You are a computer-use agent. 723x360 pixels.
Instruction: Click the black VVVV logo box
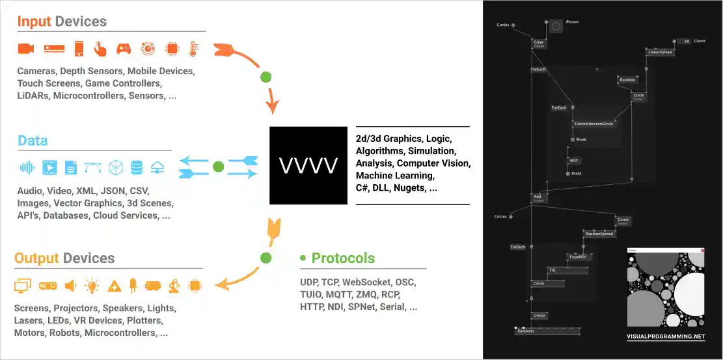308,165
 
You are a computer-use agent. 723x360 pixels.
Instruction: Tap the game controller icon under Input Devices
124,48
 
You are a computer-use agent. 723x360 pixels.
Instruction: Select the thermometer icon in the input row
193,48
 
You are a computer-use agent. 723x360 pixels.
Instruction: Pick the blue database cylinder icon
136,167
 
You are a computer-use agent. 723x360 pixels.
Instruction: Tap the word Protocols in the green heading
343,258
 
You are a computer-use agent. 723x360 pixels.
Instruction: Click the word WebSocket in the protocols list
369,282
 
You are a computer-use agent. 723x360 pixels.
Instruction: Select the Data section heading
32,141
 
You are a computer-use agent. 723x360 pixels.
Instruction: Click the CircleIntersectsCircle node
593,123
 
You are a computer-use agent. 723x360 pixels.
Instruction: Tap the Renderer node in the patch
526,331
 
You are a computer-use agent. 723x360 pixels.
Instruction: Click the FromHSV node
577,257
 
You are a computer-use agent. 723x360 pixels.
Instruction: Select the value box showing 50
683,41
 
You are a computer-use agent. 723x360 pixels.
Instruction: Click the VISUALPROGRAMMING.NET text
665,337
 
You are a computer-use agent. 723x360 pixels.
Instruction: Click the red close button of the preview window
702,251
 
